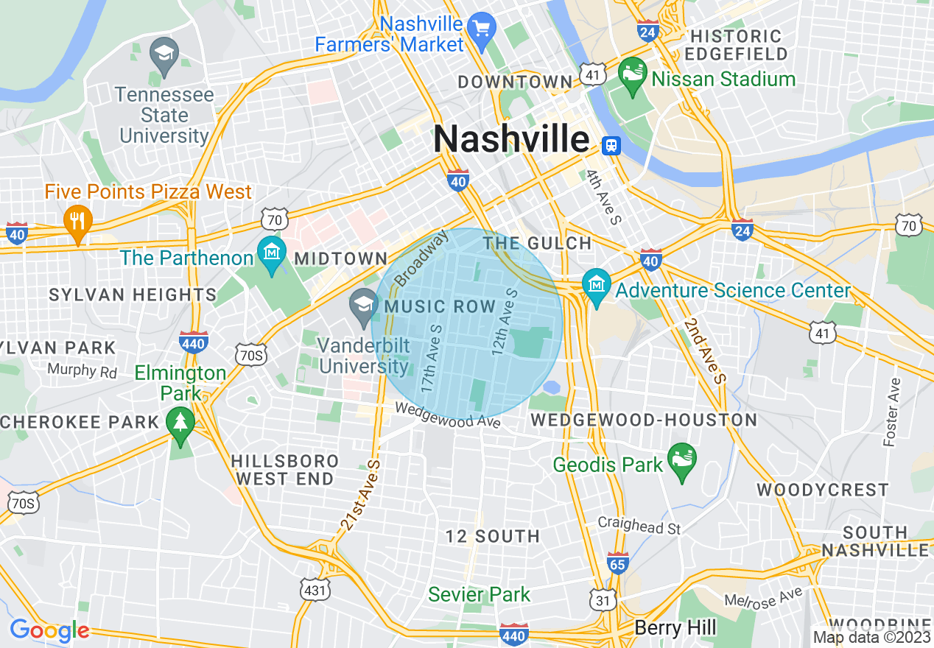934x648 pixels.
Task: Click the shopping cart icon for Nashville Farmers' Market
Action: (x=482, y=30)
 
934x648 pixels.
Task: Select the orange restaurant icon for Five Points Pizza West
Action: (x=77, y=220)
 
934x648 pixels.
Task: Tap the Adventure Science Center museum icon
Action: (x=596, y=286)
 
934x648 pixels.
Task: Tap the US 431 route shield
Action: (x=315, y=589)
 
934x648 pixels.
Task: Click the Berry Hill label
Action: (x=675, y=627)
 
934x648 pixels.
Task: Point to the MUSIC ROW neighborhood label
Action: (x=440, y=306)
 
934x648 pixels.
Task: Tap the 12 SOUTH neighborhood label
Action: (x=493, y=536)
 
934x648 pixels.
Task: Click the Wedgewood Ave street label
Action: (x=448, y=416)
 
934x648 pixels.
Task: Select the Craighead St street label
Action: (x=639, y=526)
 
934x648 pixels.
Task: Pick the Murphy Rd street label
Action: (x=82, y=369)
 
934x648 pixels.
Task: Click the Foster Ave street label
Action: (x=891, y=412)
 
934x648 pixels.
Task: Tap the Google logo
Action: (x=49, y=630)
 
